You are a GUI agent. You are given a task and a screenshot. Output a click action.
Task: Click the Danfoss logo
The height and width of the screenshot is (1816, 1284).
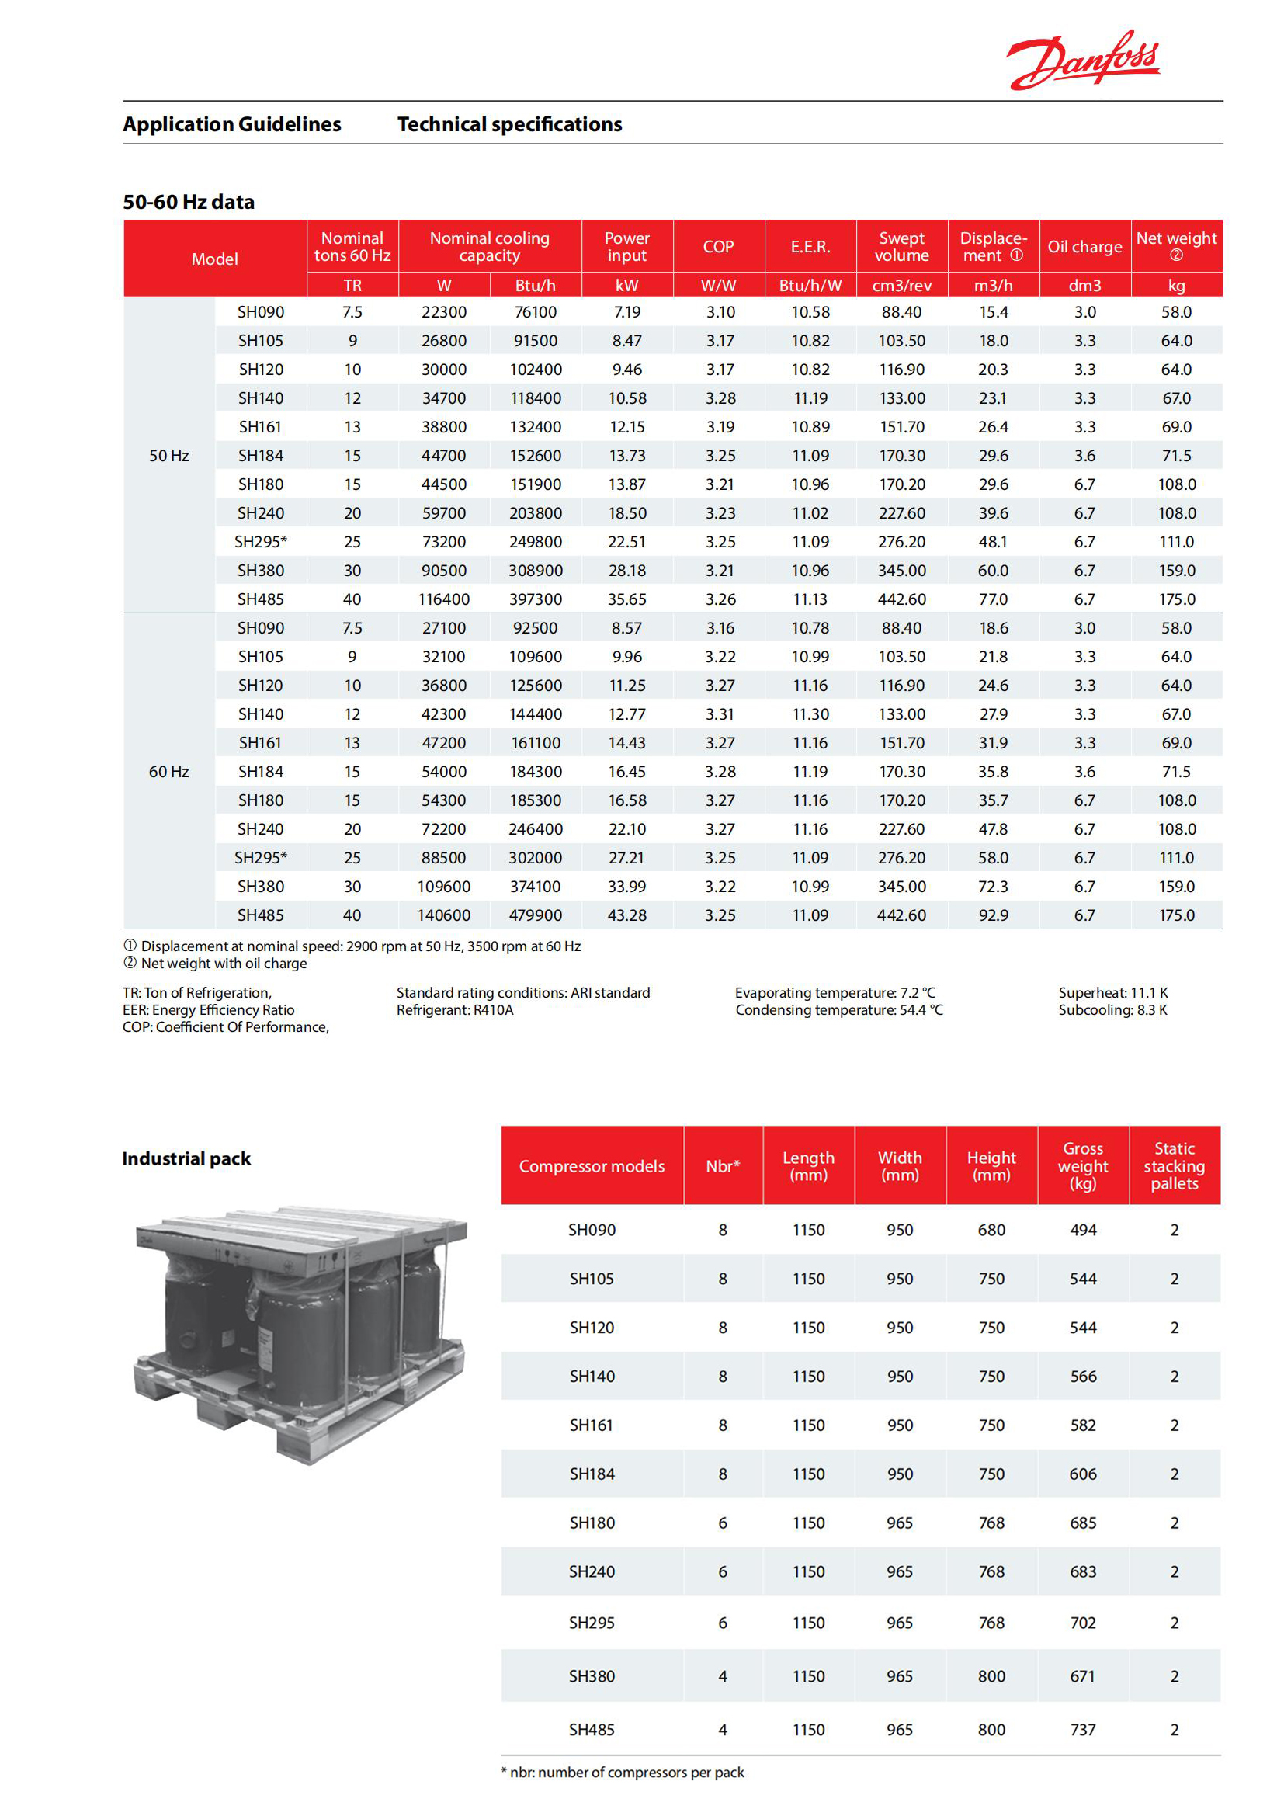1082,60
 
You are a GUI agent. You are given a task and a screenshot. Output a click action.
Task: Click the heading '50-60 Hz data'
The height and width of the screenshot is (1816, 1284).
188,202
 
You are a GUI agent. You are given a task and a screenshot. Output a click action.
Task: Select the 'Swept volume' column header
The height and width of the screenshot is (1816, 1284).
901,247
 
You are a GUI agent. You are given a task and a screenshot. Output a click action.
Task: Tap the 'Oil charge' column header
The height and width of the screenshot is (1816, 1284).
1084,247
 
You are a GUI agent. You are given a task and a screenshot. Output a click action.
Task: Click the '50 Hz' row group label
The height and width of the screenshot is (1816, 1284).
168,456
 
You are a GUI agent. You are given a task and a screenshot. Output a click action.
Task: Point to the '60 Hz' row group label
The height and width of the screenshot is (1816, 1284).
168,771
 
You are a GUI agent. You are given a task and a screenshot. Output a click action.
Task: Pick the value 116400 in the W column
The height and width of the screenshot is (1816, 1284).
443,599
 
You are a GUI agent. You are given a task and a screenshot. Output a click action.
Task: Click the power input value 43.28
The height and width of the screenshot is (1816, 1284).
627,915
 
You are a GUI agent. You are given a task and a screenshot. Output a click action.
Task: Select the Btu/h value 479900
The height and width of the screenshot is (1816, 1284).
536,915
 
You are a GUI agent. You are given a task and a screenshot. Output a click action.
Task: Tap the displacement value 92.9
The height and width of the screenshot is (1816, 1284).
993,915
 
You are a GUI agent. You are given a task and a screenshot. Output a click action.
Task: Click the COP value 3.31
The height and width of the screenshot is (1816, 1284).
720,714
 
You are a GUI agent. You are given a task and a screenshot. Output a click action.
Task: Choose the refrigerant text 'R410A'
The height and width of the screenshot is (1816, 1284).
493,1010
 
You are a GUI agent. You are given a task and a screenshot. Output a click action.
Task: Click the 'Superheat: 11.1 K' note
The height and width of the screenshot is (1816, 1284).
1112,993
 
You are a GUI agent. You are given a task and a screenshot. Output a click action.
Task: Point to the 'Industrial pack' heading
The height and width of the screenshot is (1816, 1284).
186,1158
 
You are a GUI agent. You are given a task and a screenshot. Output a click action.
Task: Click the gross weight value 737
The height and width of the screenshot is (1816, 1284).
1082,1730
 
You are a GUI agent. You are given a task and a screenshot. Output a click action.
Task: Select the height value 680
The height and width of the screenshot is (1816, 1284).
991,1230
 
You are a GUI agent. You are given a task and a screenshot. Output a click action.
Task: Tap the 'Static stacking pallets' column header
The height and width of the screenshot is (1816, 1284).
1174,1166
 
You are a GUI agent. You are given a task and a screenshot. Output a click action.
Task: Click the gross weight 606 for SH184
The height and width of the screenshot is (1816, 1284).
1082,1474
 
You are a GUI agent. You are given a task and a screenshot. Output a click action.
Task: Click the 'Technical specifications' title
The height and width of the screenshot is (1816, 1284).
509,124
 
